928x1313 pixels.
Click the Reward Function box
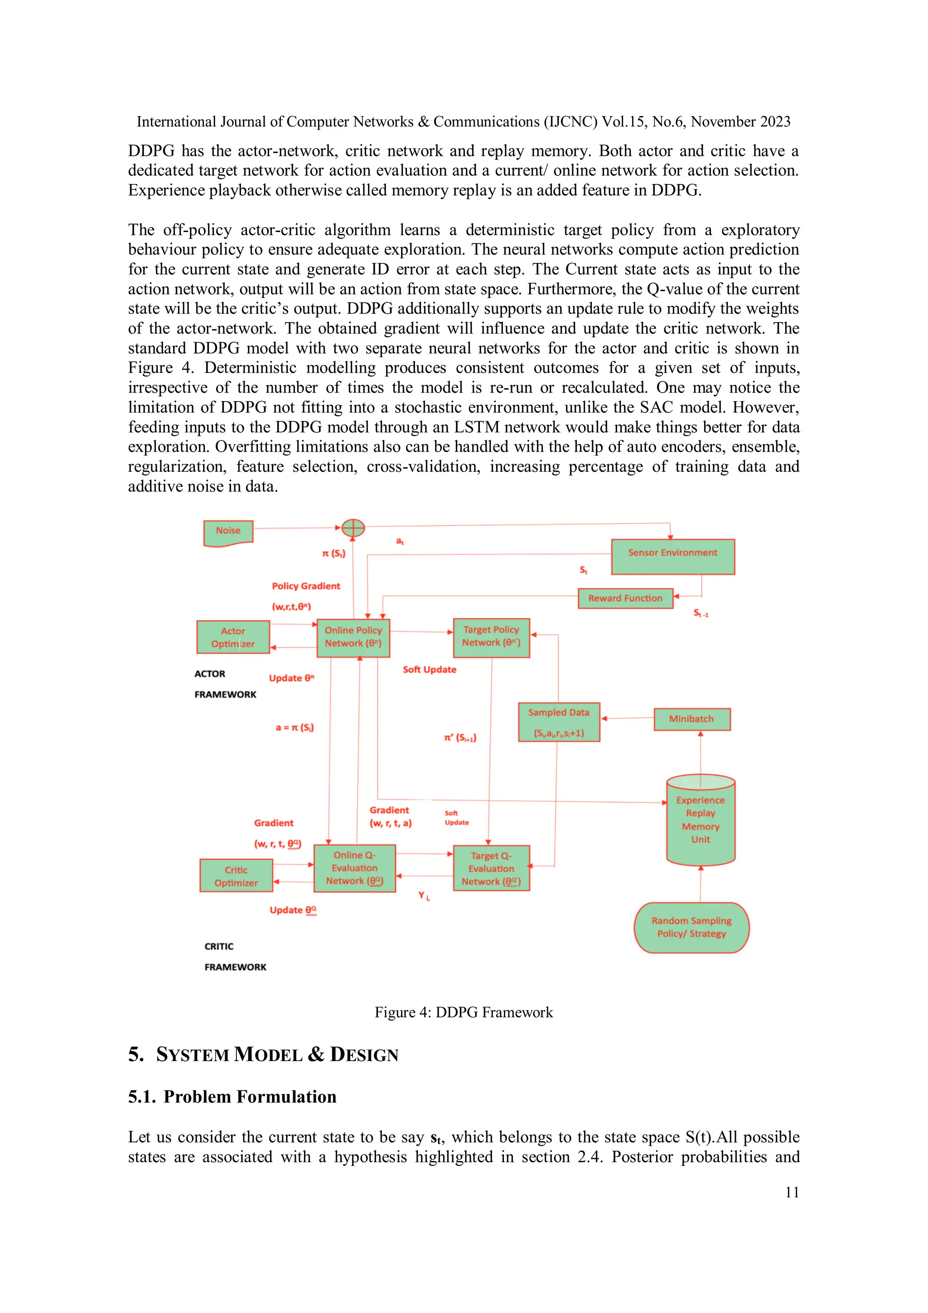(625, 598)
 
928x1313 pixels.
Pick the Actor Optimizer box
(233, 637)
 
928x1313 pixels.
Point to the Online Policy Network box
(353, 637)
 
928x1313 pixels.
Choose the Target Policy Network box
(491, 637)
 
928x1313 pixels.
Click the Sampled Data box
(559, 722)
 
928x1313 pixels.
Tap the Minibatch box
(691, 719)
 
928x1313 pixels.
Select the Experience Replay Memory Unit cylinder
(701, 821)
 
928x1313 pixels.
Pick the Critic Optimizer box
(236, 876)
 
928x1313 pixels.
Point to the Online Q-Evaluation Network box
(354, 867)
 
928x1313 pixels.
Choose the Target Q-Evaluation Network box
(491, 868)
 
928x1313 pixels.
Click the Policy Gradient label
(306, 586)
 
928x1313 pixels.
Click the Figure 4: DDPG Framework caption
(464, 1012)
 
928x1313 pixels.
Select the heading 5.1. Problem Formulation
(232, 1096)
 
